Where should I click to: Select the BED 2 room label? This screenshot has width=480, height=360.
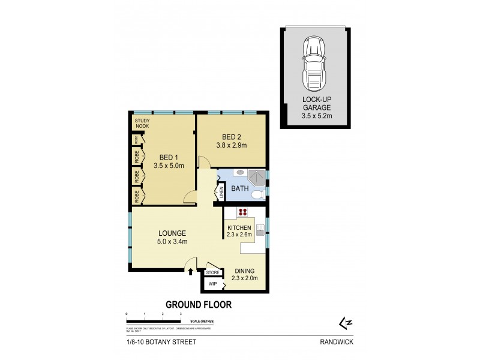[x=231, y=136]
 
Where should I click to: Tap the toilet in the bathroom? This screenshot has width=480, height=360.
[x=257, y=195]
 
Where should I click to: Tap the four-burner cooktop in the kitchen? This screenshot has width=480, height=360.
[x=244, y=211]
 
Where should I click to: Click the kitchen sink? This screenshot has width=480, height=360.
[x=260, y=229]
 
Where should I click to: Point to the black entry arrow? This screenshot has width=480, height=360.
[x=191, y=272]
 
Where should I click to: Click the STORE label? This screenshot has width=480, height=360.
[x=213, y=272]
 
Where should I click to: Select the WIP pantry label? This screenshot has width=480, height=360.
[x=212, y=284]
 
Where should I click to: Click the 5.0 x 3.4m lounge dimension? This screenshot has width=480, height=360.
[x=172, y=242]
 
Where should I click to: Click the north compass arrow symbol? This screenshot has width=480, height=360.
[x=345, y=324]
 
